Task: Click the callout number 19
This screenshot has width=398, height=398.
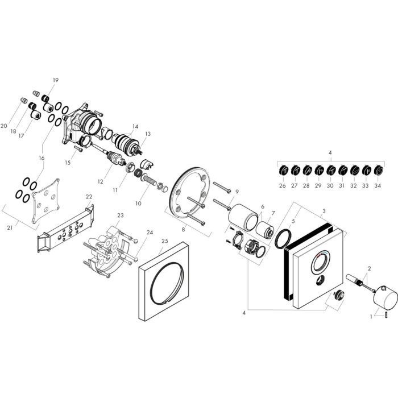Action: tap(56, 80)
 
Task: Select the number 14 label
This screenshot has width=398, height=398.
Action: tap(135, 126)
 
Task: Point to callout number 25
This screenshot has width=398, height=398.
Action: tap(165, 241)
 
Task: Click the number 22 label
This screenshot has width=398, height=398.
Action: tap(89, 197)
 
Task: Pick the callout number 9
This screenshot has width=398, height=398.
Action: tap(237, 191)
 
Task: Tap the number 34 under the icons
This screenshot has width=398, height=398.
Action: tap(379, 185)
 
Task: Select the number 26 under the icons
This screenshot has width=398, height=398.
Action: tap(283, 185)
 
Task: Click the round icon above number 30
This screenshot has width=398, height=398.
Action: tap(330, 169)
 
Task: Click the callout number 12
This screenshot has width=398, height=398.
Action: tap(101, 181)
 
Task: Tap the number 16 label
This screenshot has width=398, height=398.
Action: tap(41, 157)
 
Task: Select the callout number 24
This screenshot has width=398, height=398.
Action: tap(150, 232)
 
